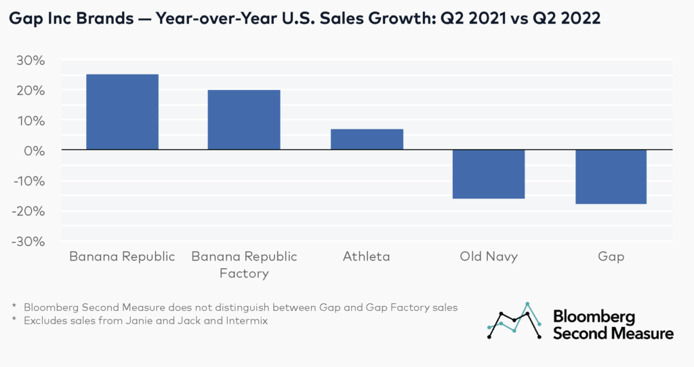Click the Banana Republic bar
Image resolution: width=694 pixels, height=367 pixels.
[x=122, y=112]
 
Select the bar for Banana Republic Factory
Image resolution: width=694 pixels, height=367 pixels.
[x=244, y=120]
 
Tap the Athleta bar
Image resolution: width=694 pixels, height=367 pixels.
[x=366, y=139]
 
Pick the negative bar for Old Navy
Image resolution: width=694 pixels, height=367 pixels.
[x=488, y=174]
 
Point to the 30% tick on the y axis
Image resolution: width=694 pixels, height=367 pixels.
[x=30, y=60]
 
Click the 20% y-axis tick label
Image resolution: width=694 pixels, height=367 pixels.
[x=30, y=91]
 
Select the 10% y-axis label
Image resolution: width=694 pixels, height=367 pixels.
[x=30, y=121]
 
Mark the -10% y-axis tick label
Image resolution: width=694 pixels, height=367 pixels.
[x=28, y=181]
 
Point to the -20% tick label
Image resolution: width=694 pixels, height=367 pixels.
[x=28, y=211]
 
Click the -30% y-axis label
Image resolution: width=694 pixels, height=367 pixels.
[x=28, y=241]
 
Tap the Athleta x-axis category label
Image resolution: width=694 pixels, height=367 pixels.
[x=366, y=257]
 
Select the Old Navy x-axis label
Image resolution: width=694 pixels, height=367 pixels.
[x=488, y=257]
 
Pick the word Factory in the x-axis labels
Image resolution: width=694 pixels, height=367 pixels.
[x=244, y=274]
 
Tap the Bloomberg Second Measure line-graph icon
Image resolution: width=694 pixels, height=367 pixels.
[x=514, y=320]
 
